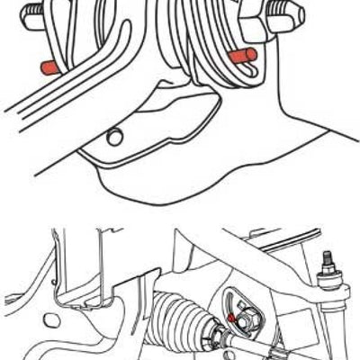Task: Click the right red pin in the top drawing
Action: (242, 57)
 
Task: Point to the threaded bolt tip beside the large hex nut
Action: (292, 13)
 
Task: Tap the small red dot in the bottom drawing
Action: (232, 318)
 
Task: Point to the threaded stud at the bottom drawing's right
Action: (328, 261)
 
